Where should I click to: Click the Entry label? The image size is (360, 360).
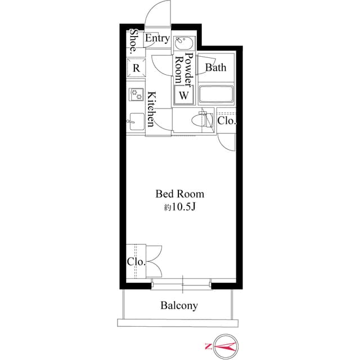157,39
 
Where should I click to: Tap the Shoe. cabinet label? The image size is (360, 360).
133,40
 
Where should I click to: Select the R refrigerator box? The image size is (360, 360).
136,68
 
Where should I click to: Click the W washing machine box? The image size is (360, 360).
183,95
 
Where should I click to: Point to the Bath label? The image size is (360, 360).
215,67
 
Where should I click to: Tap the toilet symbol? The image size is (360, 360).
200,120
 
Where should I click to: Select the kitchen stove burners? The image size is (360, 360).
136,94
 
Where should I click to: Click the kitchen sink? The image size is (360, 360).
136,120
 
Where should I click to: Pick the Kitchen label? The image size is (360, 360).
151,110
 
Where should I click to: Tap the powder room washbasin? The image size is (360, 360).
183,44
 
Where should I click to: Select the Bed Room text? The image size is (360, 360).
179,194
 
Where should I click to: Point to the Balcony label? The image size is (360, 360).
179,306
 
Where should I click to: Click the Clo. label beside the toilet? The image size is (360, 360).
227,120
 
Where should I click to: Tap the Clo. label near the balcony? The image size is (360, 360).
136,262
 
